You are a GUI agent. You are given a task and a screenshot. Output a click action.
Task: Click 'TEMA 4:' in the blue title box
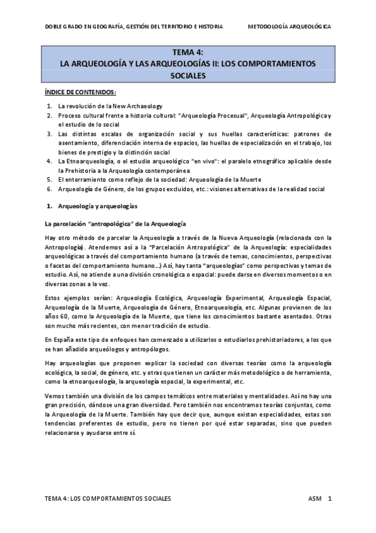tap(187, 53)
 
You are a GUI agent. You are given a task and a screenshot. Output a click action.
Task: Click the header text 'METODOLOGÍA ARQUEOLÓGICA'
tap(289, 27)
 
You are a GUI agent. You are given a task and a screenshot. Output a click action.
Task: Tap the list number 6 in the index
tap(50, 188)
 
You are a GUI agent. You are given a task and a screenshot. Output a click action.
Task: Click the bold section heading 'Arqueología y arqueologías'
tap(98, 206)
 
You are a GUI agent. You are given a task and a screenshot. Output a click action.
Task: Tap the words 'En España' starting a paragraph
tap(58, 339)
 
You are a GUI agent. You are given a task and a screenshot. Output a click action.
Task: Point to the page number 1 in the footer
tap(330, 498)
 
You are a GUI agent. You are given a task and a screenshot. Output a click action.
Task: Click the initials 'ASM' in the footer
tap(315, 498)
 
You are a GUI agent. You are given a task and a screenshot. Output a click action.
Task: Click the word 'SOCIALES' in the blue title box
tap(188, 75)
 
